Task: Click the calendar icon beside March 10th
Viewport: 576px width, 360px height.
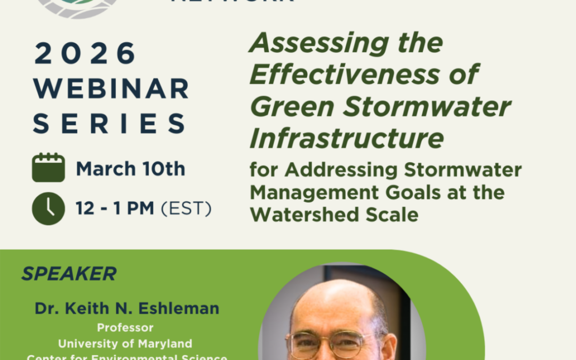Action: (x=49, y=168)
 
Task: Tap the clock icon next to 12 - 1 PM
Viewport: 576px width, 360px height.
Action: (x=49, y=208)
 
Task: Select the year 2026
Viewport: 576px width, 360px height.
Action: (x=85, y=54)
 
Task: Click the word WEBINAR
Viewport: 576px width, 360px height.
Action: (x=111, y=89)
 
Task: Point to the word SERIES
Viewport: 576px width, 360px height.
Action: (x=109, y=123)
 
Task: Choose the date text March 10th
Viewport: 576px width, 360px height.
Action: (x=131, y=169)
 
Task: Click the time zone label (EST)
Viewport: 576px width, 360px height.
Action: (x=186, y=209)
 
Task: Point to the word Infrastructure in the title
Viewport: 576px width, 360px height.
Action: (x=347, y=139)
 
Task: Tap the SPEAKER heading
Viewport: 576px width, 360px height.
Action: (x=69, y=274)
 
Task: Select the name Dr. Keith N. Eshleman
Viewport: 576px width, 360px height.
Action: (x=127, y=308)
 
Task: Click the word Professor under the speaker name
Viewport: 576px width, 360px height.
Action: (x=125, y=327)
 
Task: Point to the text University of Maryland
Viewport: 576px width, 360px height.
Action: (x=125, y=343)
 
